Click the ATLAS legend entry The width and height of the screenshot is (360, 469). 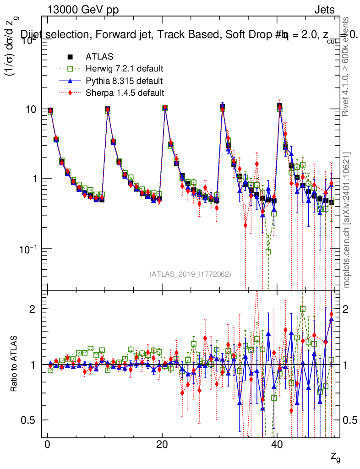98,57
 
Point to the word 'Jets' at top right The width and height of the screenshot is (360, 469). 324,10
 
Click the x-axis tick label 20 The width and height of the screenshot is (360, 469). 162,447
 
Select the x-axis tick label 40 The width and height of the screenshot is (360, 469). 277,447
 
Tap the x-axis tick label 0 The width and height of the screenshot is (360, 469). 47,447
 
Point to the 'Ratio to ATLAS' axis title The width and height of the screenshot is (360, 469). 15,365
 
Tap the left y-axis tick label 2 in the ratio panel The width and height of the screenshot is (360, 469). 33,309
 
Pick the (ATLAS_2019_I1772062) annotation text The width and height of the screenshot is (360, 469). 190,274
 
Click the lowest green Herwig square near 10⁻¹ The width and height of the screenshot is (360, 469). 268,251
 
